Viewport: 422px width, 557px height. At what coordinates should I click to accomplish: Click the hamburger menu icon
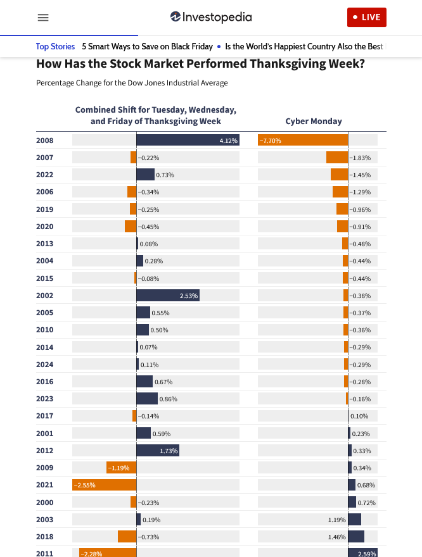click(x=43, y=18)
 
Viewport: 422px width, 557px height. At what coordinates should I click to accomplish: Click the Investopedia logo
click(x=211, y=17)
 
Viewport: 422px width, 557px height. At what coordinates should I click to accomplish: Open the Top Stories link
click(x=55, y=46)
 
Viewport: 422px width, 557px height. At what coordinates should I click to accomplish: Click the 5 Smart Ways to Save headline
click(x=147, y=46)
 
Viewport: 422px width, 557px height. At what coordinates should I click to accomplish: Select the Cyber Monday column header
click(x=314, y=121)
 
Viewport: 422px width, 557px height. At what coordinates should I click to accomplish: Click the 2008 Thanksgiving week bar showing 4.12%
click(x=188, y=141)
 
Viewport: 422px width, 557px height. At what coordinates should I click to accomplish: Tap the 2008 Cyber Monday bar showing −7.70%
click(x=303, y=141)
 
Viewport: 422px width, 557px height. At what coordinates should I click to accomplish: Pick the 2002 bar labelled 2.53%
click(x=168, y=296)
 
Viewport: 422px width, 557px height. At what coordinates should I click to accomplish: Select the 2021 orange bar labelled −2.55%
click(x=105, y=485)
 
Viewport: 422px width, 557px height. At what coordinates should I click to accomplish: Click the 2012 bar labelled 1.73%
click(x=158, y=451)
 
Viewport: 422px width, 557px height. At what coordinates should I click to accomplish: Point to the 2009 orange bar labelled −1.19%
click(x=121, y=468)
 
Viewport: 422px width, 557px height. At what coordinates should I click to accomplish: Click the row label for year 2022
click(x=45, y=175)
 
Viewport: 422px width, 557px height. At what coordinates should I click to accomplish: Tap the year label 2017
click(x=45, y=416)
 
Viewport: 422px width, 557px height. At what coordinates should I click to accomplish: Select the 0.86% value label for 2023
click(x=169, y=399)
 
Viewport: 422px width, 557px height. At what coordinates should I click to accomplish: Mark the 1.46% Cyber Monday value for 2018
click(x=337, y=537)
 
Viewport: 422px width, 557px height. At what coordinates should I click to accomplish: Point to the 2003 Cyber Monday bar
click(x=355, y=520)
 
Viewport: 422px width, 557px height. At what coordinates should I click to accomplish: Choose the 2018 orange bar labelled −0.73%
click(x=127, y=537)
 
